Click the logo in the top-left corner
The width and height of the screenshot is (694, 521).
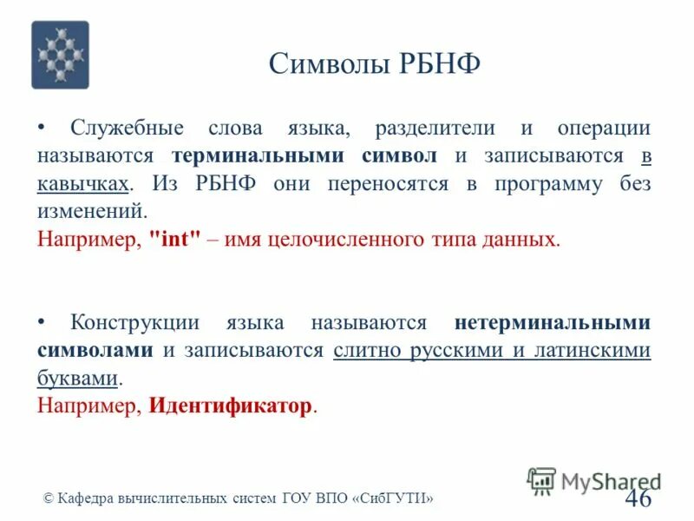click(x=60, y=55)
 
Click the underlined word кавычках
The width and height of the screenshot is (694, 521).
click(x=83, y=184)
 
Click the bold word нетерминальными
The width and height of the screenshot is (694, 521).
click(x=552, y=323)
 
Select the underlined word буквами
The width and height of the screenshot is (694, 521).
click(x=77, y=379)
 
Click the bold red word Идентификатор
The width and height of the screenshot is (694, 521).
click(x=230, y=406)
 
